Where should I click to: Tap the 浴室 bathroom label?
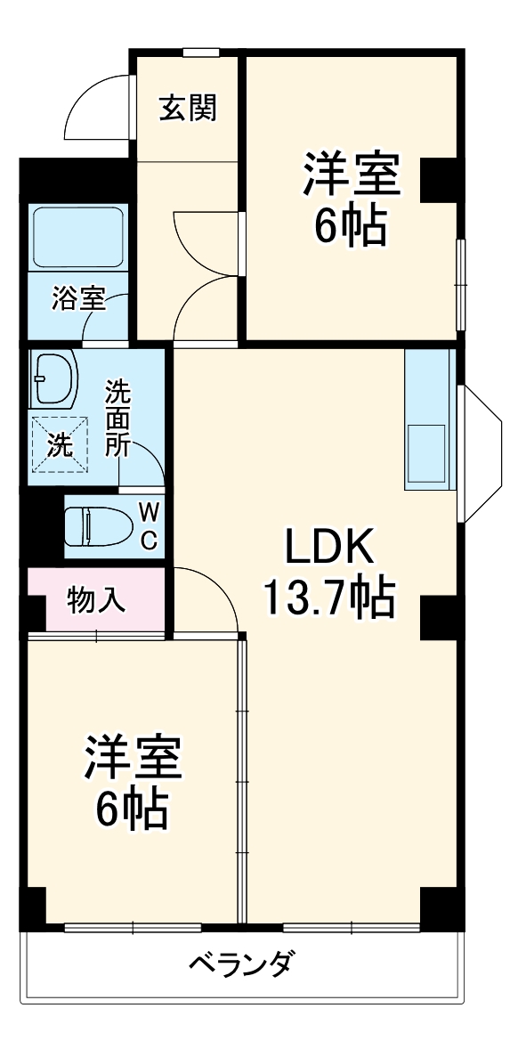pos(78,298)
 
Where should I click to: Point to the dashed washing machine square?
pos(61,444)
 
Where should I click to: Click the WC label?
pos(149,525)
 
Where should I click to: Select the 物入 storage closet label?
pos(96,600)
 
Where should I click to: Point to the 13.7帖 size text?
pos(327,598)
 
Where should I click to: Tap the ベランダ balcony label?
pos(241,964)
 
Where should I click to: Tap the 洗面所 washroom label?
pos(117,419)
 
